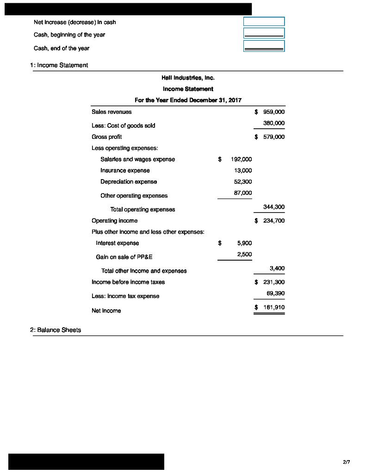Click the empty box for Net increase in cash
coord(264,21)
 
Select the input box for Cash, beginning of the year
coord(264,33)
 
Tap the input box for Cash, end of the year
coord(264,46)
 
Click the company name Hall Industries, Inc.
coord(188,78)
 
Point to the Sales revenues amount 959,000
coord(273,112)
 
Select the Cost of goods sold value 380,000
coord(273,123)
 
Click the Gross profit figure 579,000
coord(273,137)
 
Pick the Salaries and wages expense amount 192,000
coord(241,159)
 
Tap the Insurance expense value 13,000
coord(243,170)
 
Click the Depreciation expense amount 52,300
coord(243,182)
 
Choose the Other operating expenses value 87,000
coord(243,193)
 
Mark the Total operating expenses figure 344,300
coord(273,207)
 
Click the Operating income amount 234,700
coord(273,221)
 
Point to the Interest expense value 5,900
coord(244,243)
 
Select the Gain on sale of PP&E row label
coord(124,257)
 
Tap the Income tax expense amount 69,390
coord(275,293)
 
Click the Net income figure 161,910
coord(273,307)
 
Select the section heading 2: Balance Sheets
coord(56,330)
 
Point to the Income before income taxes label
coord(128,282)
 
